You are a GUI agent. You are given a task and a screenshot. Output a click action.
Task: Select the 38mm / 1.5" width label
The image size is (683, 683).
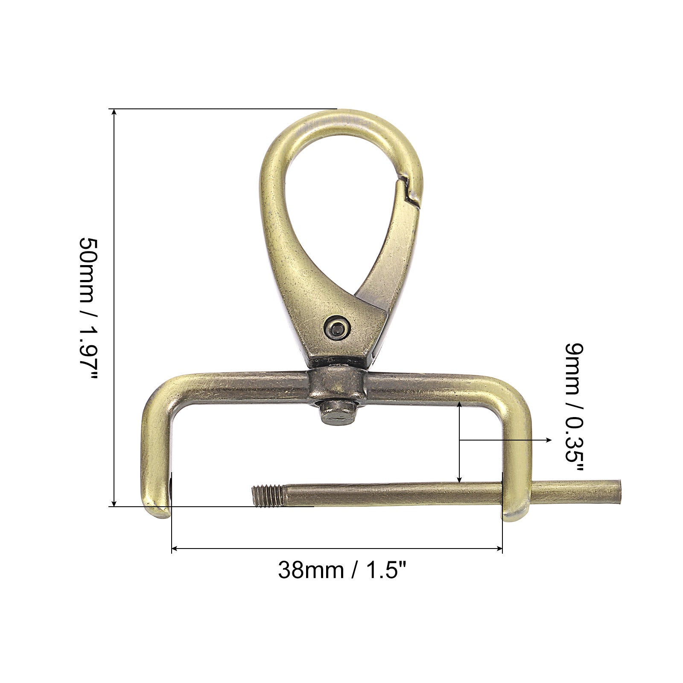pyautogui.click(x=341, y=570)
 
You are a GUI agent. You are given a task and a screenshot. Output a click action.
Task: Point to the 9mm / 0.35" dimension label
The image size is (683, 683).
pyautogui.click(x=574, y=408)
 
